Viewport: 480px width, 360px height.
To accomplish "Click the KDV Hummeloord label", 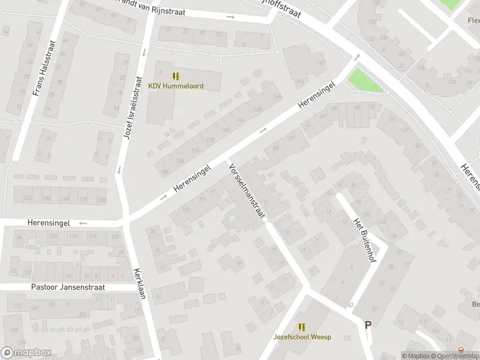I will point(176,86).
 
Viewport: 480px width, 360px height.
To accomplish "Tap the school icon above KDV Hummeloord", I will point(176,76).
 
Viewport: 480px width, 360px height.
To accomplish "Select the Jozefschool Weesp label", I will point(302,337).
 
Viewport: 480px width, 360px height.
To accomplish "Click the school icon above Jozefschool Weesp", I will point(302,327).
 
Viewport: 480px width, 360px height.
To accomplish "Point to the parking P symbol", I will point(368,325).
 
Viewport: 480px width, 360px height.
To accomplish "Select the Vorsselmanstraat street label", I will point(246,190).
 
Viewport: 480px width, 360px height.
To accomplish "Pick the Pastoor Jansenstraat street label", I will point(67,287).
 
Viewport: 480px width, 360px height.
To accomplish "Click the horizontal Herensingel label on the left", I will point(48,223).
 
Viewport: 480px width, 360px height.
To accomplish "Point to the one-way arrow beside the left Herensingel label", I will point(83,223).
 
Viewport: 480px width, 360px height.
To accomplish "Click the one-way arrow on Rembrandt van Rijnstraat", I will point(230,17).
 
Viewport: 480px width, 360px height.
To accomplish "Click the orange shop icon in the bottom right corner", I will point(461,349).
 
